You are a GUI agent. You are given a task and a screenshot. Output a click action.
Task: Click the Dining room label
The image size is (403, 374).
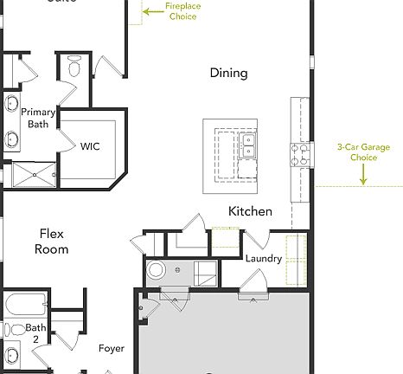228,73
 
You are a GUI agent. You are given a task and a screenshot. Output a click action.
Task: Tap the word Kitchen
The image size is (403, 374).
250,211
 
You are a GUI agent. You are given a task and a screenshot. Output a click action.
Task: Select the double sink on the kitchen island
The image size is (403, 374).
249,145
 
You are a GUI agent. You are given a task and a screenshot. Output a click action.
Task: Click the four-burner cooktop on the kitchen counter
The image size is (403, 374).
300,154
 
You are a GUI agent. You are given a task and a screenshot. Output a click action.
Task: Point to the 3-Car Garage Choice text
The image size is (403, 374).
362,152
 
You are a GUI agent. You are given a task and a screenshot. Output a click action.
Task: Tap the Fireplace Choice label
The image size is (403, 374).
182,11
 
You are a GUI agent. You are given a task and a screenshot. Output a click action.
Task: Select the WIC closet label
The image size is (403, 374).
90,146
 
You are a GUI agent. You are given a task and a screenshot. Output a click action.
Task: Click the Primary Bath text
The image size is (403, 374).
37,118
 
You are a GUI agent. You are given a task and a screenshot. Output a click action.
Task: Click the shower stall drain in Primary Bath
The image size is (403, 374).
35,175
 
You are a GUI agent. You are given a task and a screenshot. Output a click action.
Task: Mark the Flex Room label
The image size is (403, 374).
51,241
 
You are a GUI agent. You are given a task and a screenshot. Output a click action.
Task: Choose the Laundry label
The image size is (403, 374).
263,259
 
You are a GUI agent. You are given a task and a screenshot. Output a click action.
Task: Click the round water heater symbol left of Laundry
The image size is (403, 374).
157,271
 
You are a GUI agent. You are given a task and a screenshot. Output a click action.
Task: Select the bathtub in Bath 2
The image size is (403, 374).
23,305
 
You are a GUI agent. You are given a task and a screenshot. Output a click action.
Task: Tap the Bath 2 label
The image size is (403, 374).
35,333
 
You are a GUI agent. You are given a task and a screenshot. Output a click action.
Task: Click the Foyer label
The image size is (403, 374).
111,349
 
